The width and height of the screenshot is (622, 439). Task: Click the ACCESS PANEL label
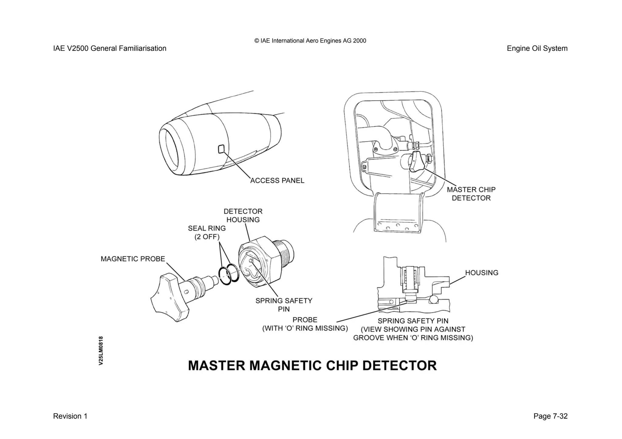pos(277,181)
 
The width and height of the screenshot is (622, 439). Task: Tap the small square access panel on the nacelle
pos(221,149)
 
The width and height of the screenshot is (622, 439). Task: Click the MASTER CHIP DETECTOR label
pos(471,194)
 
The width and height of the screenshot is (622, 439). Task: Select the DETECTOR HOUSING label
pos(243,215)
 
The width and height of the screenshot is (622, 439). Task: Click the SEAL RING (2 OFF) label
pos(207,232)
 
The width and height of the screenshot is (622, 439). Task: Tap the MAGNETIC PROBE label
pos(133,259)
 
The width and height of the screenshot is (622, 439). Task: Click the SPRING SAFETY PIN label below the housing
pos(284,305)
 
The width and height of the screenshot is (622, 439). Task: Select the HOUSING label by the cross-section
pos(482,273)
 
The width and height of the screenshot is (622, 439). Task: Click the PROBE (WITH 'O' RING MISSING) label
pos(305,324)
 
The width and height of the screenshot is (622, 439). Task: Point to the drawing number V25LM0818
pos(101,350)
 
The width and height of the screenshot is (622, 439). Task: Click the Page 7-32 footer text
pos(550,416)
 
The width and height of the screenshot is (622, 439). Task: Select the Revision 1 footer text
pos(70,416)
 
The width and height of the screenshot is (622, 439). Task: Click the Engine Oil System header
pos(537,49)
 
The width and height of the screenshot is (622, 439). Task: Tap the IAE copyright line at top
pos(310,41)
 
